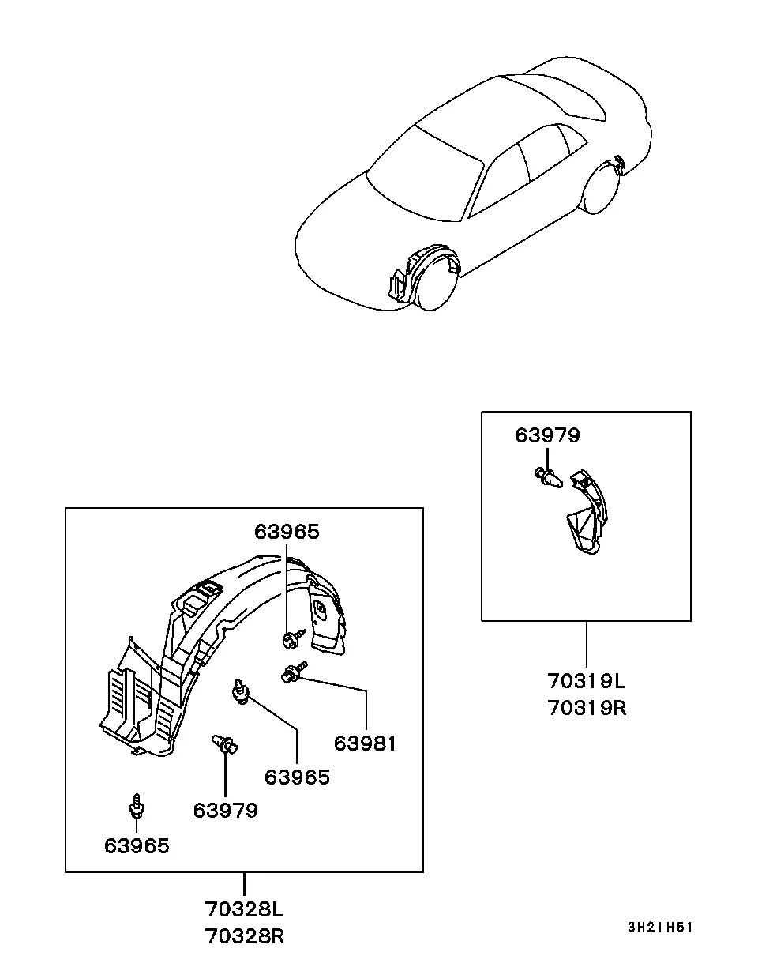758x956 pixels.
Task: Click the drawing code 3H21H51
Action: (x=660, y=928)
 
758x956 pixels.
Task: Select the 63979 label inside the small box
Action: (x=547, y=435)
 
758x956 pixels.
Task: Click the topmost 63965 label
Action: (x=287, y=532)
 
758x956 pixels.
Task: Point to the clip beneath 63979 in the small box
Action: (x=549, y=477)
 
